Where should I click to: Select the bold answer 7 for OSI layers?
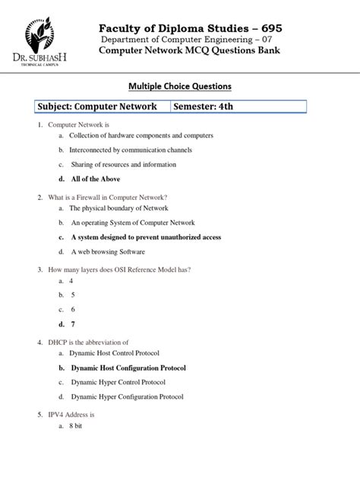click(73, 324)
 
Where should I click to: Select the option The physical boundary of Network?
click(118, 208)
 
